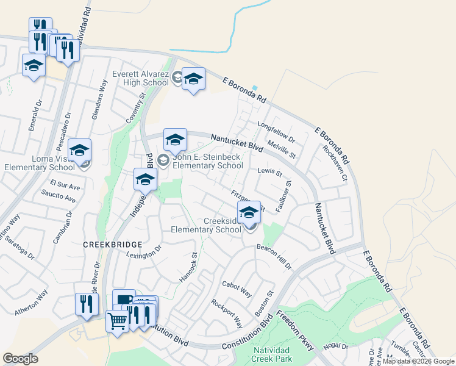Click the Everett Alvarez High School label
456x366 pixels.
click(x=141, y=78)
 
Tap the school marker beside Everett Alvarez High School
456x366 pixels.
click(x=193, y=79)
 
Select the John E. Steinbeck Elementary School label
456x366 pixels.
click(x=208, y=161)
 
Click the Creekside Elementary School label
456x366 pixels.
click(x=206, y=225)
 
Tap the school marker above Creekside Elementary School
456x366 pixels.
click(x=249, y=213)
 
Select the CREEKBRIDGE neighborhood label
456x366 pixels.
click(x=108, y=243)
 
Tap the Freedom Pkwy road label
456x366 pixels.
click(x=295, y=330)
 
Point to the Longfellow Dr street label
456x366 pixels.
click(x=276, y=132)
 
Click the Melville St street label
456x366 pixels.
click(x=281, y=149)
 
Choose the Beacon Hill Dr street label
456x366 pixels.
click(x=274, y=256)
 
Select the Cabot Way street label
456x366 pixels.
click(x=237, y=289)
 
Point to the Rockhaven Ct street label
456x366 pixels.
click(x=335, y=163)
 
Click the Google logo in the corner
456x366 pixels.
click(x=20, y=359)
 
